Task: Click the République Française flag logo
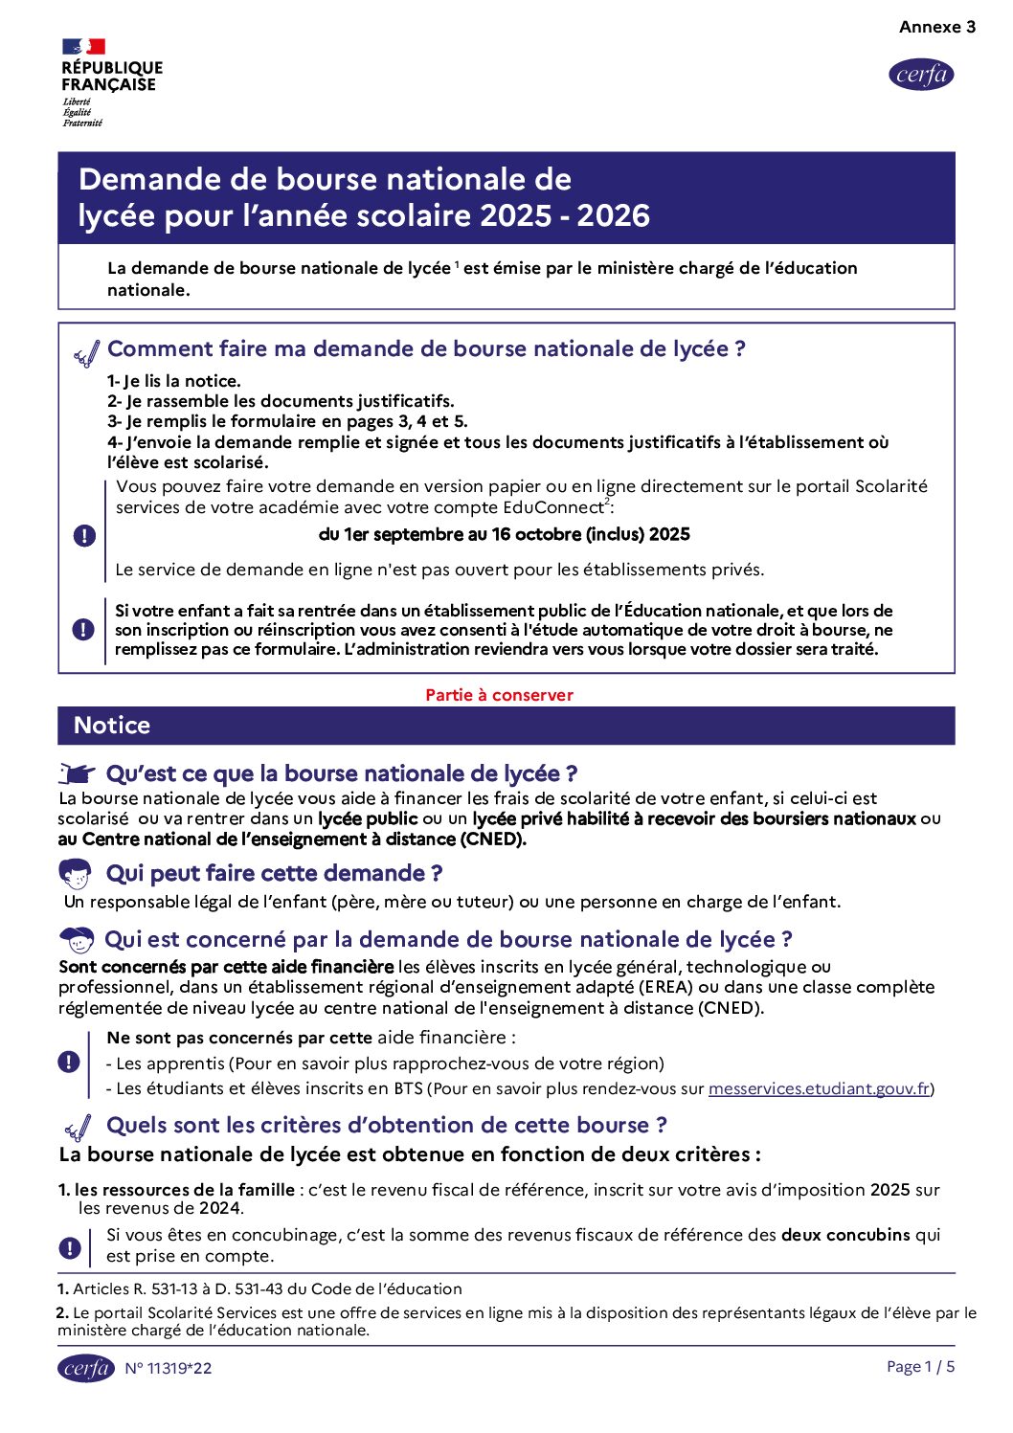tap(84, 46)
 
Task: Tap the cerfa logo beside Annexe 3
tap(921, 75)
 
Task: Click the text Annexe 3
tap(936, 27)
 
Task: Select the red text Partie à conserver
tap(499, 695)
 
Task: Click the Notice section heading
tap(112, 726)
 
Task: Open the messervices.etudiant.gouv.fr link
tap(819, 1088)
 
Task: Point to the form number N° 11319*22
tap(169, 1368)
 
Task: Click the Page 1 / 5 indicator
tap(920, 1366)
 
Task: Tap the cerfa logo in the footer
tap(86, 1368)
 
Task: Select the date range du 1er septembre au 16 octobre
tap(504, 534)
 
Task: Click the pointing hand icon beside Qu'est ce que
tap(78, 773)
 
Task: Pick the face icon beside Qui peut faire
tap(75, 873)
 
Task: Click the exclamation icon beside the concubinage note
tap(69, 1247)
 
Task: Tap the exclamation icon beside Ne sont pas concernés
tap(69, 1062)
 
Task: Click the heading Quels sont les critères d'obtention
tap(387, 1125)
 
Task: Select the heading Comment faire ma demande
tap(426, 349)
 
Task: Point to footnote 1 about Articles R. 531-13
tap(259, 1288)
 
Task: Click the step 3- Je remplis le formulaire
tap(287, 421)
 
